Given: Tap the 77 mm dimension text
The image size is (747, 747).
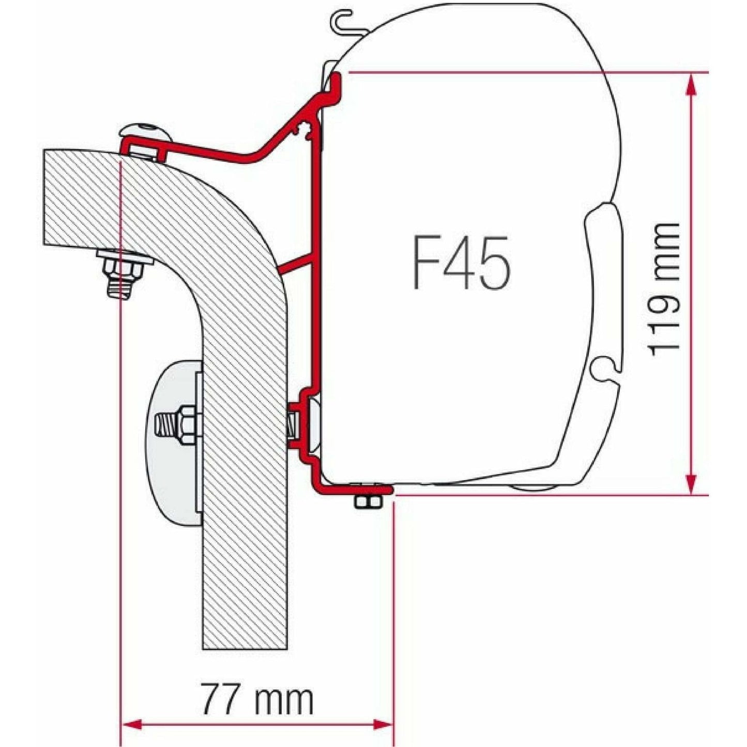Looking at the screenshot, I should [257, 699].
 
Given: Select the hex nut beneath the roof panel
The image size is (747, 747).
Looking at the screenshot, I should [123, 266].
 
